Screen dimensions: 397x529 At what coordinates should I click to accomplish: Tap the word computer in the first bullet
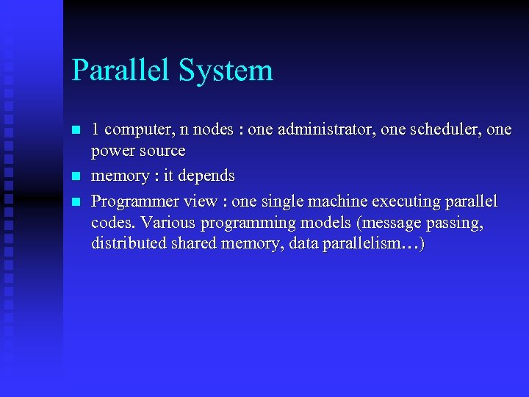[137, 131]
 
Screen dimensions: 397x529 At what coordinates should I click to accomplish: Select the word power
[111, 152]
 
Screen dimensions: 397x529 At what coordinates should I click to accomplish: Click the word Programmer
[130, 202]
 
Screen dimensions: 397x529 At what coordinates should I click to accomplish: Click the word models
[325, 223]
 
